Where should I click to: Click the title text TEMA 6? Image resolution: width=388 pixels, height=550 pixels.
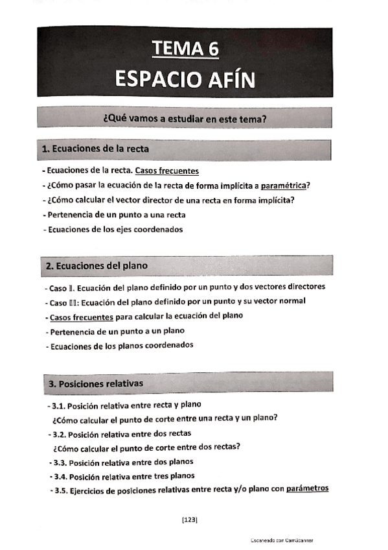[x=185, y=49]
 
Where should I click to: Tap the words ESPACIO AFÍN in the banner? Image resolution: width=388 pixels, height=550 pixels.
[x=185, y=78]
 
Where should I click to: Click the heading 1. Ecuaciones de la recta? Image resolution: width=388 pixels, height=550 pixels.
[x=95, y=149]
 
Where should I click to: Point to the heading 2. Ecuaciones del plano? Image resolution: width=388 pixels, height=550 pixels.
[x=97, y=266]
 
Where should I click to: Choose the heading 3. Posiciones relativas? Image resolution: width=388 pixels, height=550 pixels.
[x=95, y=384]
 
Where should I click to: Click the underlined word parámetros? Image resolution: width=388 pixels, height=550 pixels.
[x=307, y=489]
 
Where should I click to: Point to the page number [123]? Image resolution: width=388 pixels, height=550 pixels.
[x=190, y=520]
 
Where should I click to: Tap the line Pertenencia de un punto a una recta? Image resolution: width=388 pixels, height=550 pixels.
[x=115, y=215]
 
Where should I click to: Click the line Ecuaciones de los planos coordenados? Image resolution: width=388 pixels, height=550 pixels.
[x=121, y=345]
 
